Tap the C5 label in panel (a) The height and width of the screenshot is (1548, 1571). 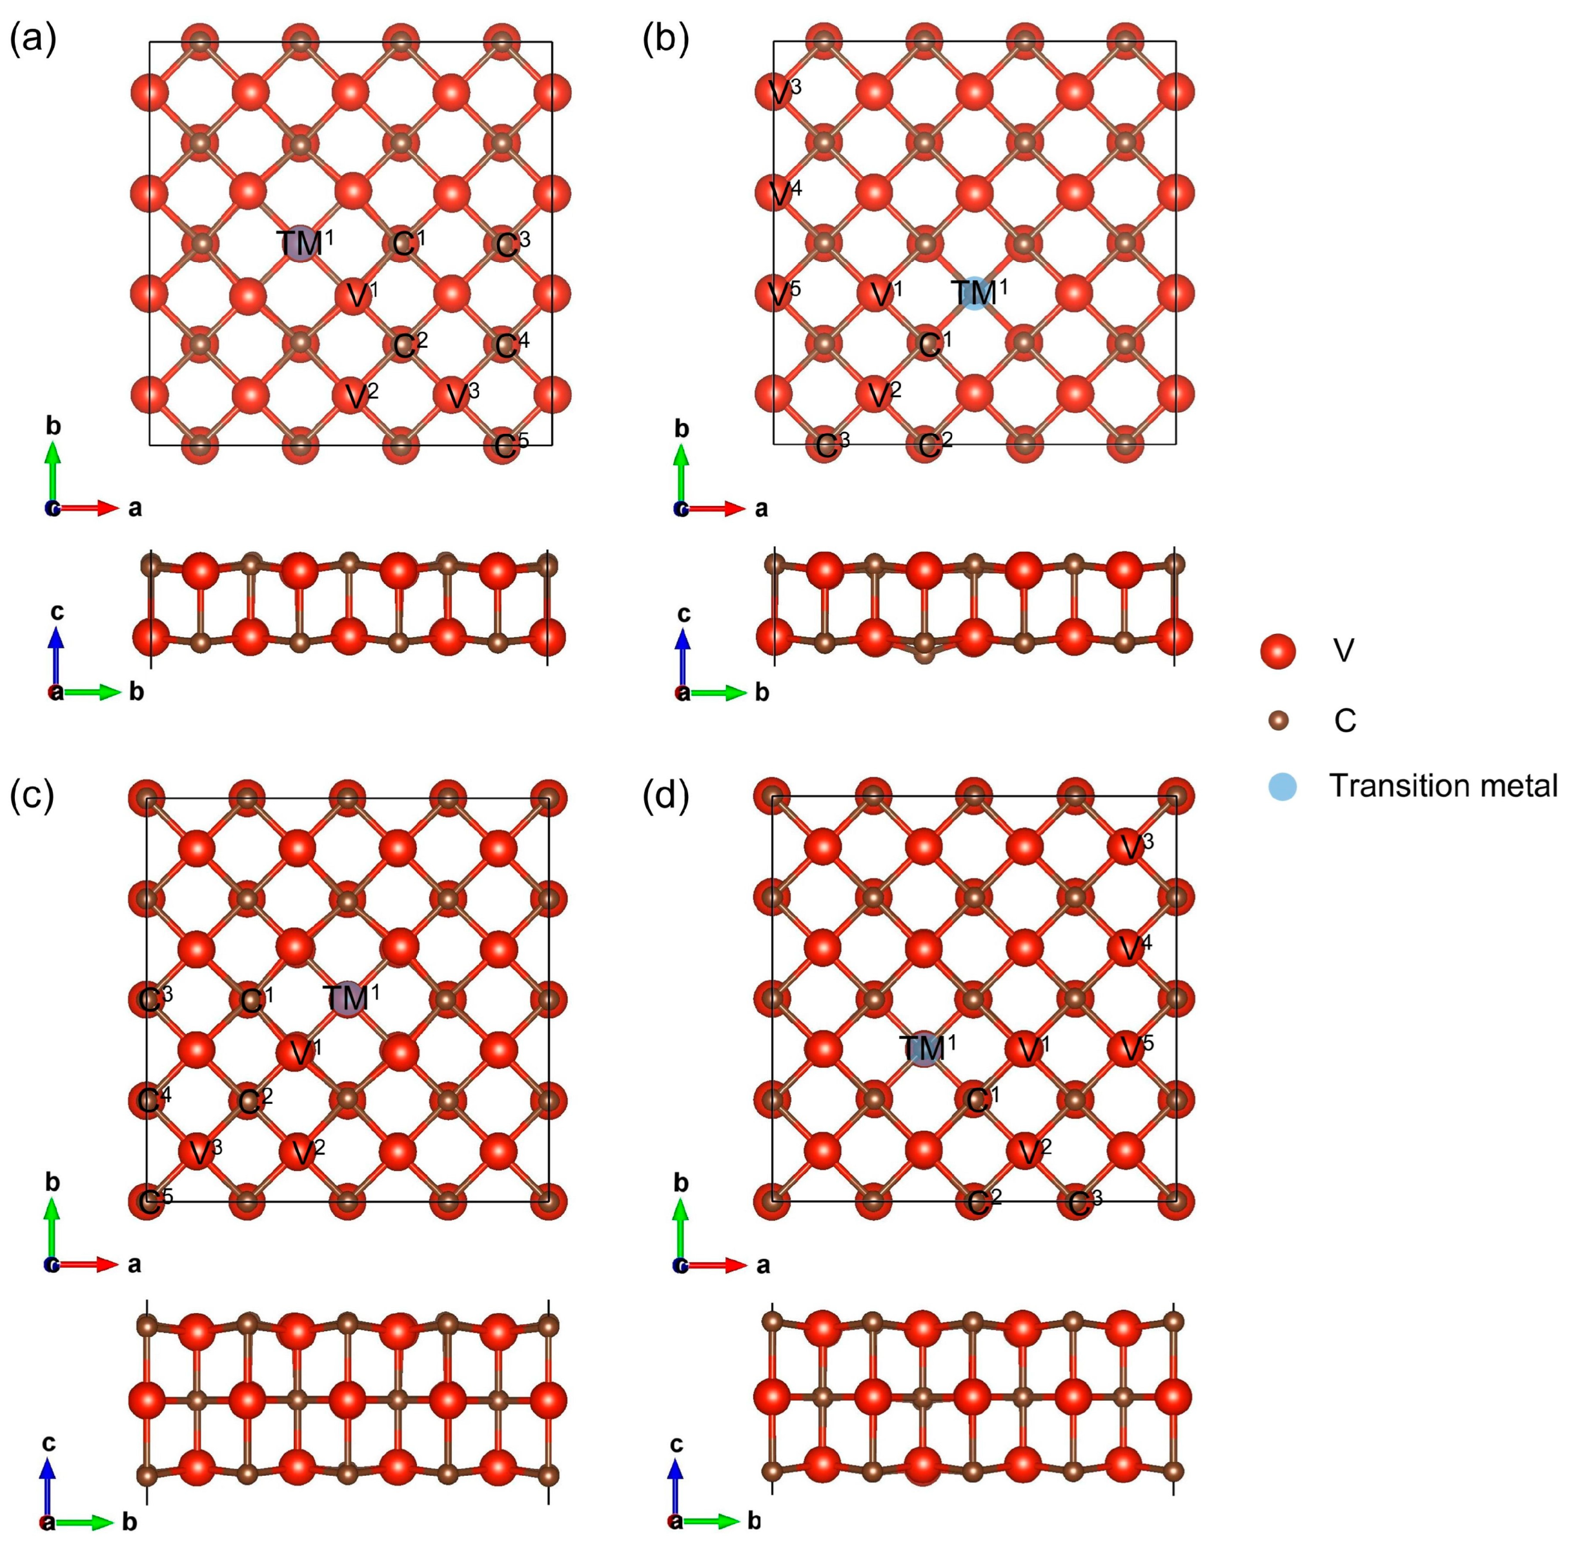pyautogui.click(x=511, y=445)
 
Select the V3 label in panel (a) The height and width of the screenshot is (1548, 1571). pyautogui.click(x=462, y=395)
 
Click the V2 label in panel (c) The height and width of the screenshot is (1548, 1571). pyautogui.click(x=302, y=1151)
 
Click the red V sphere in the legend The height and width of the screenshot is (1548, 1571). pyautogui.click(x=1277, y=651)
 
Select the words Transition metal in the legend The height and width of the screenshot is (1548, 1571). pyautogui.click(x=1443, y=786)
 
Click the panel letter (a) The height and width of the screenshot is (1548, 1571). pyautogui.click(x=32, y=39)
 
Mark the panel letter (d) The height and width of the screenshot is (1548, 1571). pyautogui.click(x=665, y=796)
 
